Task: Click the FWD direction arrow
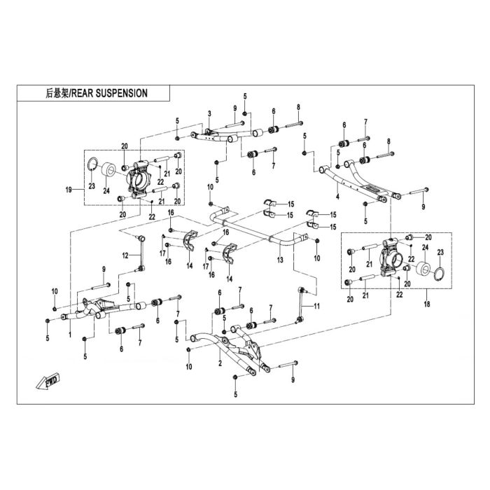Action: [x=48, y=381]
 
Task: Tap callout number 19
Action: [x=69, y=190]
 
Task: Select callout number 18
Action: [x=427, y=303]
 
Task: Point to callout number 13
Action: [x=280, y=260]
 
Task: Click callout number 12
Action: [x=125, y=255]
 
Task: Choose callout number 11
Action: [x=316, y=307]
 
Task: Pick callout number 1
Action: [x=70, y=335]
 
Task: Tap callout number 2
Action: [x=220, y=363]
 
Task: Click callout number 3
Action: [x=209, y=113]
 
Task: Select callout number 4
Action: [x=337, y=197]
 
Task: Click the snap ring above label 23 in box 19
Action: [x=92, y=164]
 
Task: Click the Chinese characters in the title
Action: [x=57, y=93]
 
